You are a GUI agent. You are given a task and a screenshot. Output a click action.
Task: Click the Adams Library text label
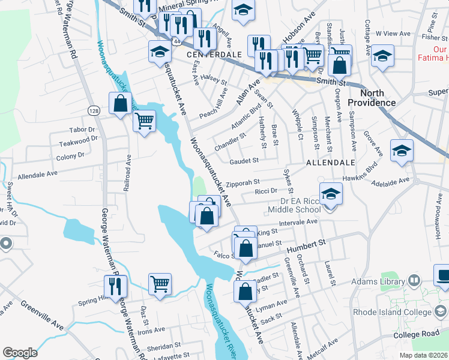click(381, 281)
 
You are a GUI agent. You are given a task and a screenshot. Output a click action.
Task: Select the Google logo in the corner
click(20, 353)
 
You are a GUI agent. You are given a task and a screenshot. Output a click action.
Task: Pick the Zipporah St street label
click(243, 182)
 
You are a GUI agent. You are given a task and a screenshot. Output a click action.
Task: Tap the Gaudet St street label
click(244, 161)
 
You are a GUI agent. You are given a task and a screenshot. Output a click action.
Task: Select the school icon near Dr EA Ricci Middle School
click(330, 194)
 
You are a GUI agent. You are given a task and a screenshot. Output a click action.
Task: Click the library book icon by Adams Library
click(414, 280)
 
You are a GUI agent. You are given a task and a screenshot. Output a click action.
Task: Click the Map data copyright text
click(423, 355)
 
